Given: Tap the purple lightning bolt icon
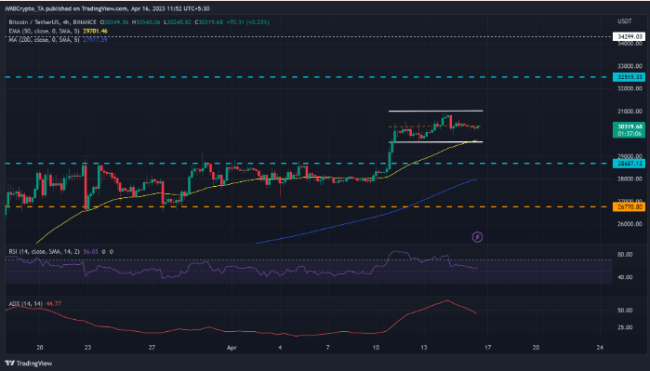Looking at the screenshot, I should coord(477,237).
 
